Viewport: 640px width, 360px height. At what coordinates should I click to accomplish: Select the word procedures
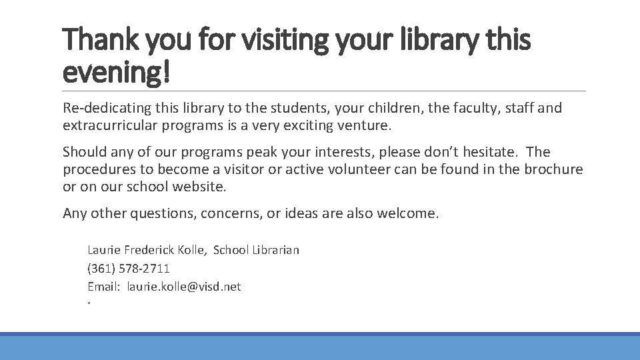pos(98,169)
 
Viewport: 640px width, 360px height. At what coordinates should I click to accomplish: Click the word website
pos(198,187)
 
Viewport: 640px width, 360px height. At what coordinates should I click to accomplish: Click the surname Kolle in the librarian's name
pos(192,250)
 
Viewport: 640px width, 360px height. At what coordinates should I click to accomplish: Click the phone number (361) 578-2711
pos(129,269)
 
